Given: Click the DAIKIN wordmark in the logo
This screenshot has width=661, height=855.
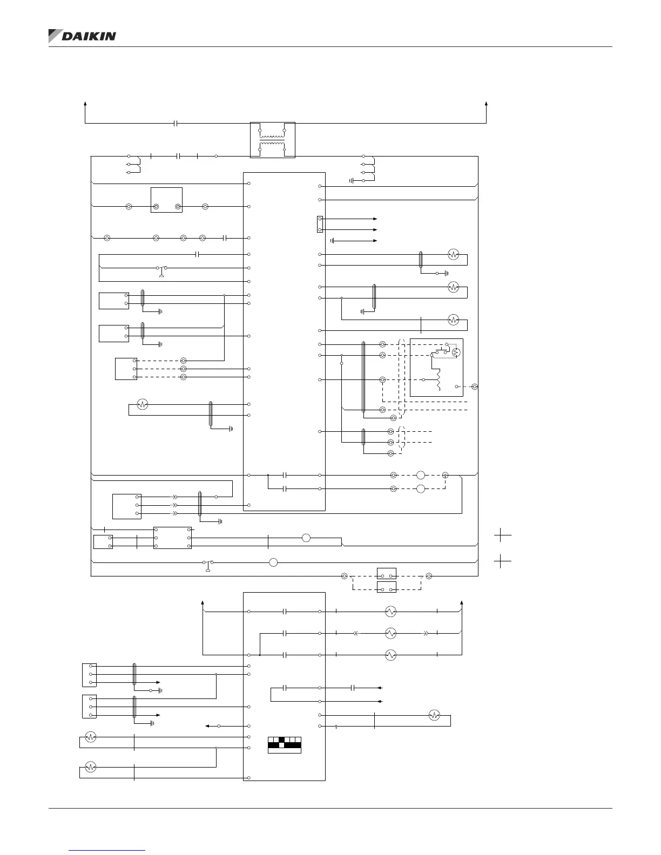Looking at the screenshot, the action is coord(89,36).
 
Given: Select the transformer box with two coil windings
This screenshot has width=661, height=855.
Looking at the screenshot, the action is coord(273,140).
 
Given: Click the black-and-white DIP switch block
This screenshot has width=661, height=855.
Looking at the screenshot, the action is coord(285,745).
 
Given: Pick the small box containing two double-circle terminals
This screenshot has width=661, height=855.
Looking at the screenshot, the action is coord(166,200).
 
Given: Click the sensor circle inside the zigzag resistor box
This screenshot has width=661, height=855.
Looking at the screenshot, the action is coord(455,352).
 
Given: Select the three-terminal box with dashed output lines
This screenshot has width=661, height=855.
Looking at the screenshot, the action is coord(126,369).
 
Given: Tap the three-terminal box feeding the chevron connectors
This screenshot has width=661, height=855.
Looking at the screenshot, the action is coord(127,506).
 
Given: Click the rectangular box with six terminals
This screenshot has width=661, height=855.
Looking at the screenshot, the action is coord(172,538).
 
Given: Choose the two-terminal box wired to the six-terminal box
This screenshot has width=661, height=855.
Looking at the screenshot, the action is coord(103,542).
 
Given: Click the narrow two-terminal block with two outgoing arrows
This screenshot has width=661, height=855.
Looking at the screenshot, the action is coord(320,224).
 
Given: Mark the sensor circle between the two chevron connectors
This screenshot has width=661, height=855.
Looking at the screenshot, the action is coord(390,633).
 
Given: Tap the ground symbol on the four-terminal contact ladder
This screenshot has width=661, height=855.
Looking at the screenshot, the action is coord(352,180).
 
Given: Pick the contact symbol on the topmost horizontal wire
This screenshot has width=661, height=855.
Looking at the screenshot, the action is coord(176,123).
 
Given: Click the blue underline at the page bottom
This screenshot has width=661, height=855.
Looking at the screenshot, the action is coord(107,851).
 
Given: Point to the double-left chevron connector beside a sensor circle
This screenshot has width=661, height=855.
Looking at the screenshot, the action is coord(355,633).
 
